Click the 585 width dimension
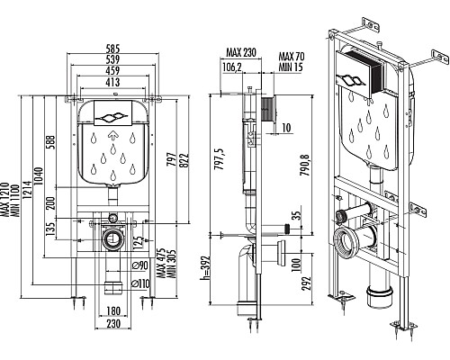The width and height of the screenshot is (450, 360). point(112,49)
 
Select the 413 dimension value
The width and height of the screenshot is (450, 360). point(112,82)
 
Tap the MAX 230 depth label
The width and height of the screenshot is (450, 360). point(241,52)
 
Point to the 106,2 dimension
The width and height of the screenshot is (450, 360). point(232,67)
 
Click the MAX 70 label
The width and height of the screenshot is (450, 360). point(292,57)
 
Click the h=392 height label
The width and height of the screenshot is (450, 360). point(205,267)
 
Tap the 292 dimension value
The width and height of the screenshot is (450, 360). point(306,283)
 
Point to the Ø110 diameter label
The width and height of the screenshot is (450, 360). point(140,283)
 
